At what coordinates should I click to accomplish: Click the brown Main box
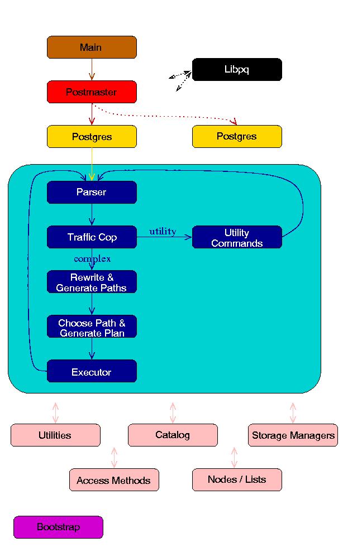(x=92, y=47)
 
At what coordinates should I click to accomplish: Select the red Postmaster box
(x=92, y=92)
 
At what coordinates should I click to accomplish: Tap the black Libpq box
(x=237, y=70)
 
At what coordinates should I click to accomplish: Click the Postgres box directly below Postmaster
(x=92, y=137)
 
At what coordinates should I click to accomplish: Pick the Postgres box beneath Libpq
(x=237, y=137)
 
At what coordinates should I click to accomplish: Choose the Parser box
(x=92, y=193)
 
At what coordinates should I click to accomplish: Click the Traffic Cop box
(x=92, y=237)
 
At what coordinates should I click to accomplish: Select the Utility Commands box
(x=237, y=237)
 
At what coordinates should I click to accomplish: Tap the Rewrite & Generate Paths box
(x=92, y=282)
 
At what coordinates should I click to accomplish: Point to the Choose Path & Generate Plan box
(x=92, y=327)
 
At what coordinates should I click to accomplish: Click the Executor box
(x=92, y=371)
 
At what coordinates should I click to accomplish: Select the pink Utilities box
(x=55, y=435)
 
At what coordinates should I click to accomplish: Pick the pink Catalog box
(x=173, y=435)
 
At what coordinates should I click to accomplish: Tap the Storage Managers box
(x=293, y=435)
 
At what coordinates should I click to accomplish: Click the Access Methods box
(x=114, y=480)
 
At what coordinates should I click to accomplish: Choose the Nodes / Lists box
(x=237, y=480)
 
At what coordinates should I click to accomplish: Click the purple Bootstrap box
(x=58, y=527)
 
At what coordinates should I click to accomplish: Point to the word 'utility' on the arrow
(x=163, y=231)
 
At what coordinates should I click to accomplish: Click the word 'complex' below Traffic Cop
(x=92, y=259)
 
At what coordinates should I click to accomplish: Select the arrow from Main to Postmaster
(x=92, y=70)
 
